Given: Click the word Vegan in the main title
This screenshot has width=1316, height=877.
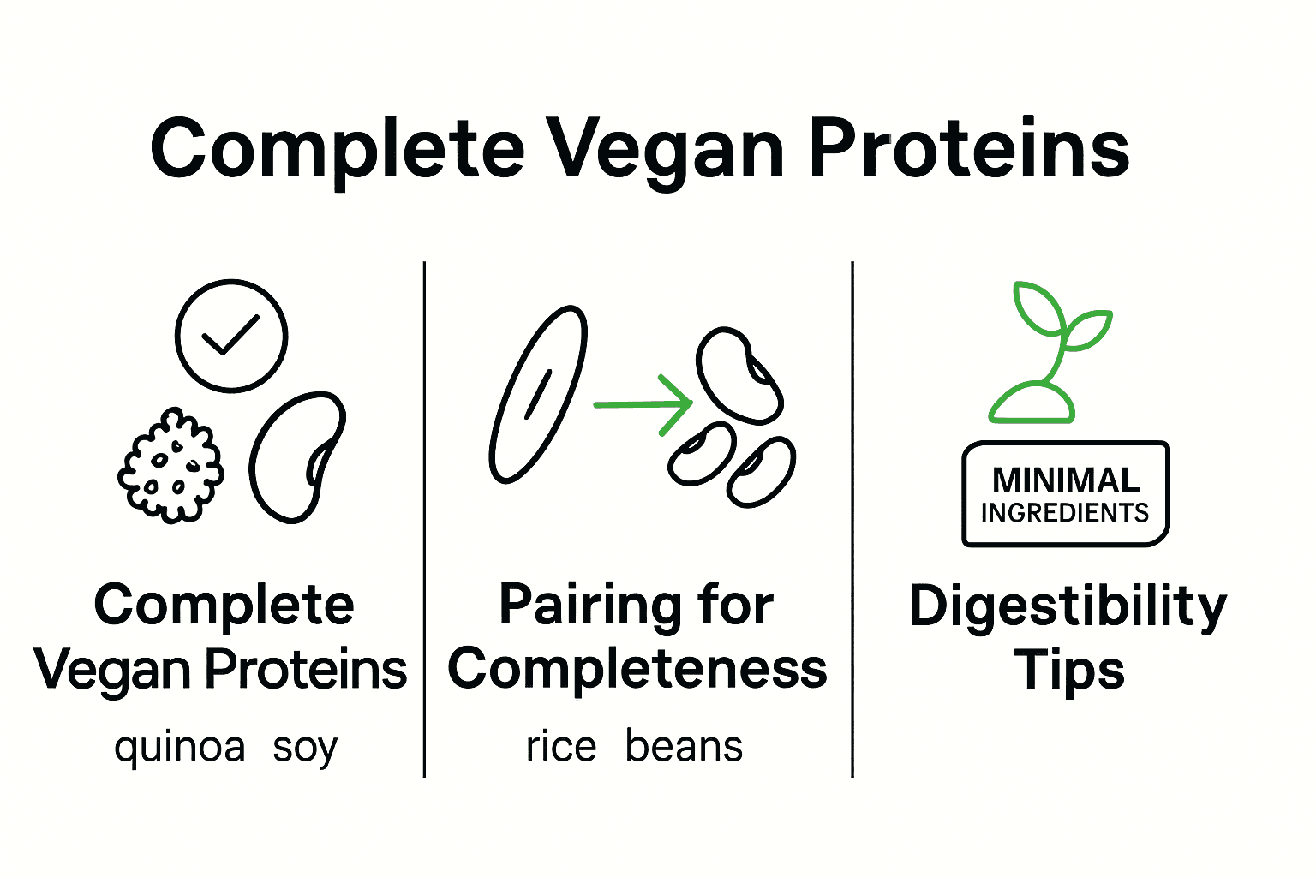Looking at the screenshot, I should (x=665, y=150).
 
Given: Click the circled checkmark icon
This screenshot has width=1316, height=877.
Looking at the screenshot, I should (x=230, y=336).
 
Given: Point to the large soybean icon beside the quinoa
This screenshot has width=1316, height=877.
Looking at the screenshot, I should (x=296, y=457).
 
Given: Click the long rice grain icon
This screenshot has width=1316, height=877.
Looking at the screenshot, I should (x=538, y=395).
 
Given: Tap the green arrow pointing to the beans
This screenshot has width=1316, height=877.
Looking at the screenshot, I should (x=643, y=404).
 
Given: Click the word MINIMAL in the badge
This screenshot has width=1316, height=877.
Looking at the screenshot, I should (x=1065, y=480).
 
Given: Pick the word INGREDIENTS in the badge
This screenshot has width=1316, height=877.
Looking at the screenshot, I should (x=1065, y=513).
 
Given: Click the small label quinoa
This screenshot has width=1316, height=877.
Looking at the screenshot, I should (x=180, y=748).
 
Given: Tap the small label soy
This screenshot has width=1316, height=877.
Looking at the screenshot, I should (x=305, y=748).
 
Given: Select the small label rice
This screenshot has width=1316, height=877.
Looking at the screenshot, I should (x=561, y=747).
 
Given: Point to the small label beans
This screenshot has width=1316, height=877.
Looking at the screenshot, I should (x=684, y=747).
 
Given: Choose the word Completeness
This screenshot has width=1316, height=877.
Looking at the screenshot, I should (x=637, y=669).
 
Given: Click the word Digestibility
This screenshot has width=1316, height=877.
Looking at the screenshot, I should (x=1068, y=607).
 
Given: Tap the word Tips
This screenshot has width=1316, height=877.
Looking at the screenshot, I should (x=1068, y=670).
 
